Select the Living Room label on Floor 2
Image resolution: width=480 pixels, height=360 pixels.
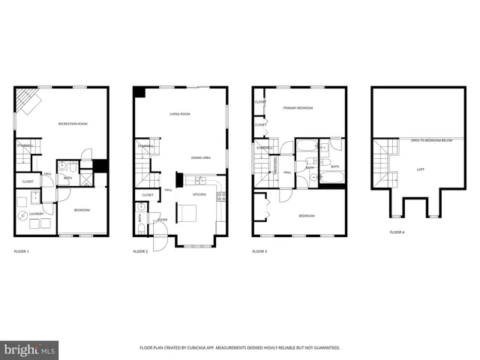pos(179,114)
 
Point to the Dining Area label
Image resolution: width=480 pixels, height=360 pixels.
pos(200,158)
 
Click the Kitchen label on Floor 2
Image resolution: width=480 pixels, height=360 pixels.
pos(199,194)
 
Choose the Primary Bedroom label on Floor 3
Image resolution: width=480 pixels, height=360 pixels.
pos(297,108)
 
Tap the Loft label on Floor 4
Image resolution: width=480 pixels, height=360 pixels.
pos(421,169)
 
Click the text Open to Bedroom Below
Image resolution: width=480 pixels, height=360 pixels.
pos(430,140)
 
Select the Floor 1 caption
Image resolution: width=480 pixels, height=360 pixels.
pos(22,251)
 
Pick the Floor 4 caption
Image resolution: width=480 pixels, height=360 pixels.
pos(397,232)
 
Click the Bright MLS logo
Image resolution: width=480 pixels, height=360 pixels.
pos(29,349)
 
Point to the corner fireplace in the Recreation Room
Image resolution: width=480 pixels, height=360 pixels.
pos(31,100)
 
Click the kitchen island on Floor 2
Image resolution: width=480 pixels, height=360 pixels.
pos(186,214)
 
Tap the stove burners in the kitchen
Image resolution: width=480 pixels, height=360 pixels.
pos(221,196)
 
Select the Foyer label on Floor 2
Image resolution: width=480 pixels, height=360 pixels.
pos(162,220)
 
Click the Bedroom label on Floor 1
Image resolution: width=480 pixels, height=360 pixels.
pos(82,210)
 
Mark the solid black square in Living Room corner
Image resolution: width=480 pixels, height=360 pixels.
pos(139,91)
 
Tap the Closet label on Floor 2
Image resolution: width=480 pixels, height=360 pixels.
pos(147,195)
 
